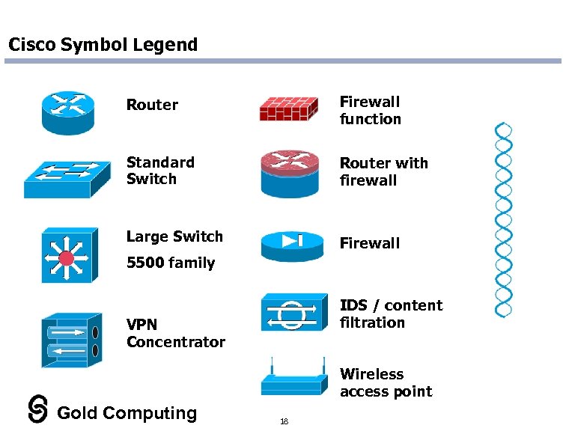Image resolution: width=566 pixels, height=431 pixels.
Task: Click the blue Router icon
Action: (68, 112)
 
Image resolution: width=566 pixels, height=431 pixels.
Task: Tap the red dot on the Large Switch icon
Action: (67, 259)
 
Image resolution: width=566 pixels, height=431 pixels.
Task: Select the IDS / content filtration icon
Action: (293, 312)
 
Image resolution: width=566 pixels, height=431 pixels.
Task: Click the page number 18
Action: (284, 421)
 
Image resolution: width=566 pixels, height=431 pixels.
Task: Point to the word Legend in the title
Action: (165, 45)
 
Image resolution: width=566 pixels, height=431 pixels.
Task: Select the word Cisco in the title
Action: (31, 45)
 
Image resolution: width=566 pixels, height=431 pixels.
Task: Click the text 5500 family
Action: (171, 263)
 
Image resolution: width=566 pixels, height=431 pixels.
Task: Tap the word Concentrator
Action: (176, 342)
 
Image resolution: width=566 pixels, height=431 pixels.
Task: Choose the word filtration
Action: (372, 323)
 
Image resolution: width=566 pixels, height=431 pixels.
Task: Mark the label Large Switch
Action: (174, 236)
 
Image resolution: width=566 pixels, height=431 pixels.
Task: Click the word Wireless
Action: (371, 374)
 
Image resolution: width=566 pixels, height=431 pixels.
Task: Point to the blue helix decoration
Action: (504, 220)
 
